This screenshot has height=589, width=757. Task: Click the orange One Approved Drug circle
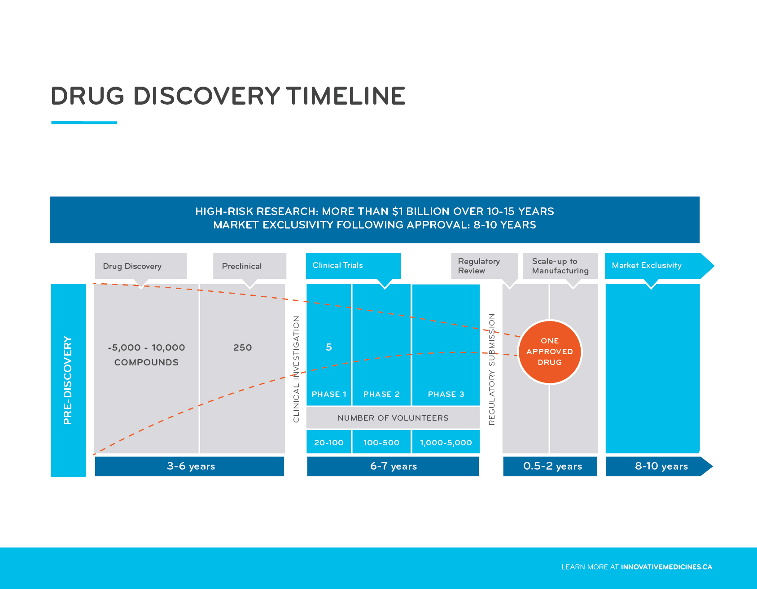click(x=550, y=352)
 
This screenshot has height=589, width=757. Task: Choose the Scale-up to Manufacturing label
click(x=560, y=266)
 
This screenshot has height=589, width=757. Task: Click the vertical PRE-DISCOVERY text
click(x=68, y=380)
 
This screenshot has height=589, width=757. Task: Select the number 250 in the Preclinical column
click(x=242, y=347)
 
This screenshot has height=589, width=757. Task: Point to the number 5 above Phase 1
click(x=328, y=347)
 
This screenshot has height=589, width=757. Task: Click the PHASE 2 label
click(x=381, y=394)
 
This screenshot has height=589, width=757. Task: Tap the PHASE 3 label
click(x=446, y=394)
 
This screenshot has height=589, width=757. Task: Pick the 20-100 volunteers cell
click(x=328, y=443)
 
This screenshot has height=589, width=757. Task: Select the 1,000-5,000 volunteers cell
click(x=446, y=443)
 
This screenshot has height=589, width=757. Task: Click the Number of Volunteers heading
click(x=393, y=418)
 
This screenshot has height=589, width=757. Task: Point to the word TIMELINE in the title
click(x=346, y=96)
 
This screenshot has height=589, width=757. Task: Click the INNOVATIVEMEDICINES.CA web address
click(x=666, y=567)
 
